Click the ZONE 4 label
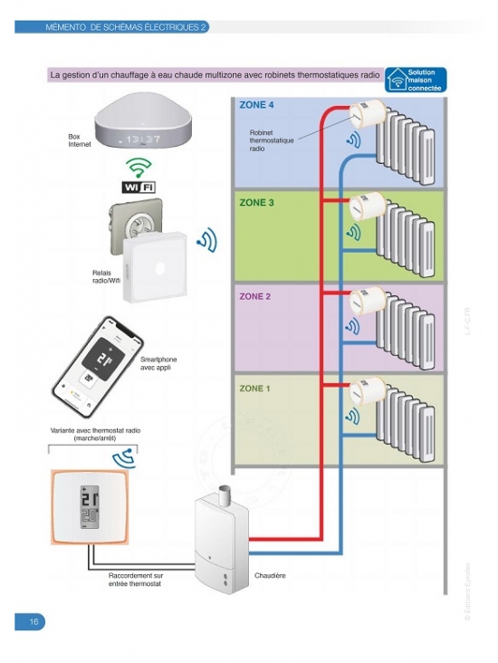[x=256, y=105]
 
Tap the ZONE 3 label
[x=256, y=203]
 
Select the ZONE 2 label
[x=256, y=296]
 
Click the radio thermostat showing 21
[x=91, y=505]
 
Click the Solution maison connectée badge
[x=417, y=80]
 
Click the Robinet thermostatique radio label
[x=272, y=140]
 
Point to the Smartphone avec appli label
[x=158, y=364]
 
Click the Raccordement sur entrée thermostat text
[x=135, y=580]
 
